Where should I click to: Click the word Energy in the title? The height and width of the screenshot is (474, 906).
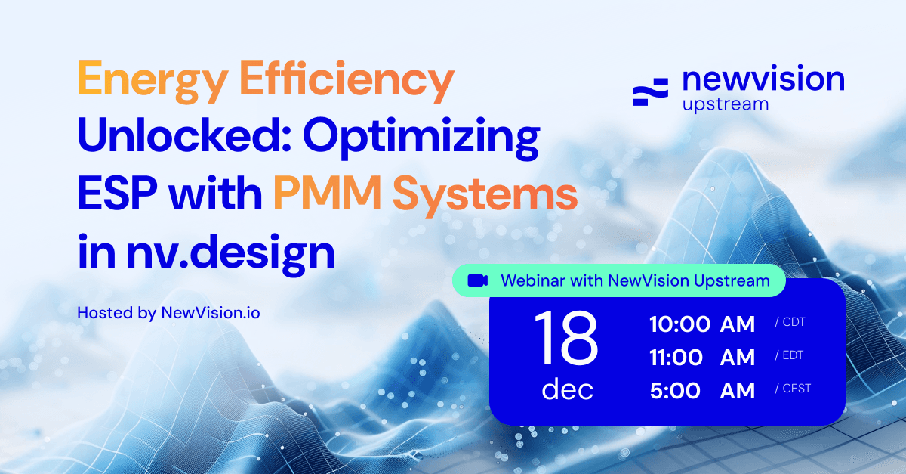point(153,82)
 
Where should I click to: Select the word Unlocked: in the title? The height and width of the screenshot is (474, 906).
point(184,135)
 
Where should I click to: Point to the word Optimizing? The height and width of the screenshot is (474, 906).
point(421,138)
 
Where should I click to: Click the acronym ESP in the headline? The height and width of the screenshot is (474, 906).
point(117,193)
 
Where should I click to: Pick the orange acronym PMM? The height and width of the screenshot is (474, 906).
point(328,193)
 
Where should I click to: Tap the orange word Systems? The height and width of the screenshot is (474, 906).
point(485,196)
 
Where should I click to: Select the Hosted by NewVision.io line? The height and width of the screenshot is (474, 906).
point(168,313)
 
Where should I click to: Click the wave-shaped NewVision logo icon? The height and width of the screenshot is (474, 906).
point(650,92)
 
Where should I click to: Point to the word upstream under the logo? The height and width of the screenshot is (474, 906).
point(726,105)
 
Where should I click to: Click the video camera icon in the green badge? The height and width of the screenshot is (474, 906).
point(477,280)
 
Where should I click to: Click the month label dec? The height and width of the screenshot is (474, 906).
point(567,389)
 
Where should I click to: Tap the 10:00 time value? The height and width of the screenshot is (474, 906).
point(679,324)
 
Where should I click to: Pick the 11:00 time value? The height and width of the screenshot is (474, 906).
point(676,358)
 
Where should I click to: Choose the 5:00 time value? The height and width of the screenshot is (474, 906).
point(675,391)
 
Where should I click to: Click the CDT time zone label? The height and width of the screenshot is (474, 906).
point(790,322)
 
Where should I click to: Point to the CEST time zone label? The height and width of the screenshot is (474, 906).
point(793,389)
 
